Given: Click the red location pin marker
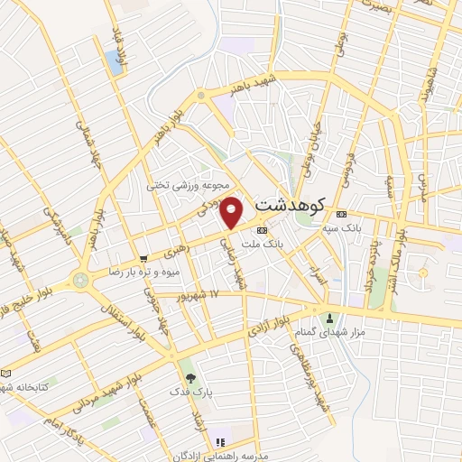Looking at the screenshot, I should pyautogui.click(x=233, y=213).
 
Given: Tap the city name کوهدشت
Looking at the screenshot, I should pyautogui.click(x=292, y=204).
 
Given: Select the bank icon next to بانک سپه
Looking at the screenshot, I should pyautogui.click(x=340, y=215).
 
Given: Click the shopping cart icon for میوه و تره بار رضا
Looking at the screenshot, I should pyautogui.click(x=143, y=258).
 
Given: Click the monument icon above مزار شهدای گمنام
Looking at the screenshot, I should pyautogui.click(x=329, y=318).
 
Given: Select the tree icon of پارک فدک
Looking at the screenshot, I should pyautogui.click(x=189, y=377).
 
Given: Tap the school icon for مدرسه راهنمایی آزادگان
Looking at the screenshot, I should pyautogui.click(x=219, y=443).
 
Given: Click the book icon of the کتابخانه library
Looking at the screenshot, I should pyautogui.click(x=7, y=373).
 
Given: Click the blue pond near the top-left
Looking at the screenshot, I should pyautogui.click(x=114, y=61).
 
